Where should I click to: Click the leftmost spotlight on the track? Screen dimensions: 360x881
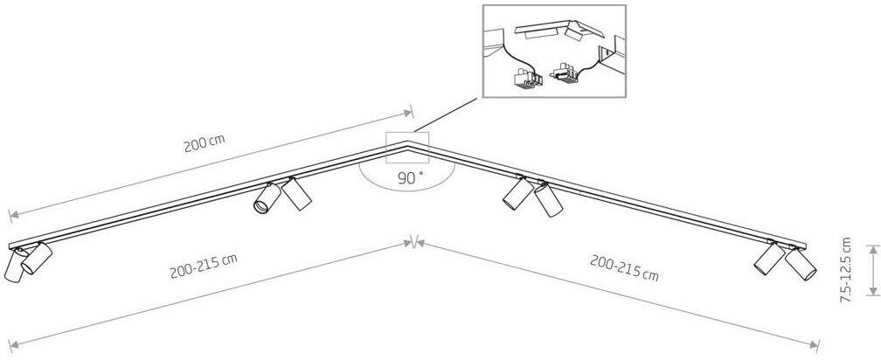[x=14, y=266]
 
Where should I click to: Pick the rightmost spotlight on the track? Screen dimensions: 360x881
[x=801, y=266]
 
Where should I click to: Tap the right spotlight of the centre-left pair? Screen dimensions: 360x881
[x=297, y=194]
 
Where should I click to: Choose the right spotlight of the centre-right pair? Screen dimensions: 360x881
[x=548, y=200]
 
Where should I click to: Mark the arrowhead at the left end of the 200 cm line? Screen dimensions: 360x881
[x=11, y=214]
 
